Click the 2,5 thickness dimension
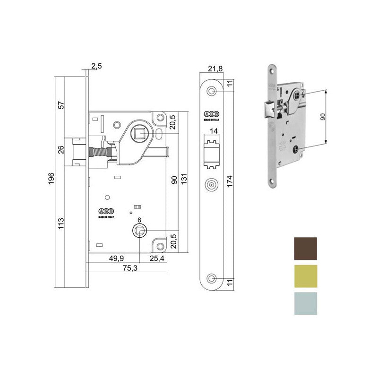point(96,66)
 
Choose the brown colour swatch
point(305,249)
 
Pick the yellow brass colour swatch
point(305,276)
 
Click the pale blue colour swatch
point(305,303)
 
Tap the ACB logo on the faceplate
point(211,114)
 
